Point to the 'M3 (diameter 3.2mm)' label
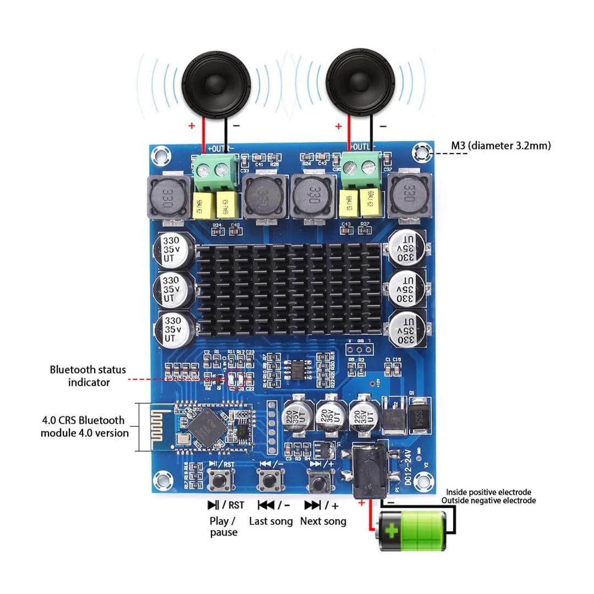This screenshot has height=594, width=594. point(501,146)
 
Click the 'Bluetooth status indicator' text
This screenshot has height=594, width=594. point(88,376)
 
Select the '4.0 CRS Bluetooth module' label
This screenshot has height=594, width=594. point(84,426)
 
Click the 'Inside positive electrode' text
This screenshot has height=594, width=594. point(488,492)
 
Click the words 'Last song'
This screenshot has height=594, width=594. point(271,521)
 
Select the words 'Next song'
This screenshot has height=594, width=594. point(323,521)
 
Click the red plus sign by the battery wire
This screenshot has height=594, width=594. point(361,502)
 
